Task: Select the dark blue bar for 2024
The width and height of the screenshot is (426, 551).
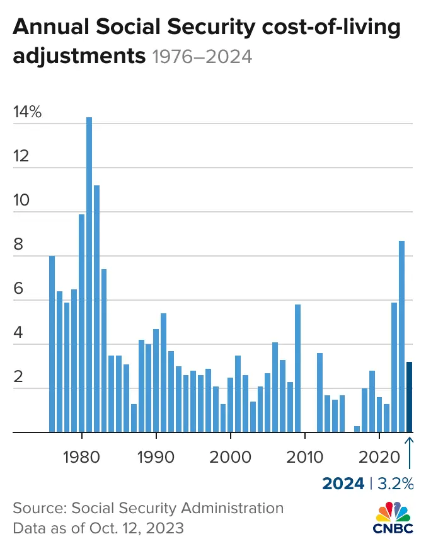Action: pyautogui.click(x=409, y=397)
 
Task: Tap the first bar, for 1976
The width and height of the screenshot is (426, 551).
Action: pyautogui.click(x=52, y=344)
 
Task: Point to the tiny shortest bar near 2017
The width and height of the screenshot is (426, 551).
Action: pyautogui.click(x=357, y=429)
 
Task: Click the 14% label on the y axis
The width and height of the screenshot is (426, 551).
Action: pyautogui.click(x=27, y=113)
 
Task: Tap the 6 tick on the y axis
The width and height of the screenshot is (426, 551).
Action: pyautogui.click(x=19, y=289)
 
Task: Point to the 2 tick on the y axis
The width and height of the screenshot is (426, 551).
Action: pyautogui.click(x=19, y=378)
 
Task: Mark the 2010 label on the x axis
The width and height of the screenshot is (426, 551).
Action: pyautogui.click(x=305, y=456)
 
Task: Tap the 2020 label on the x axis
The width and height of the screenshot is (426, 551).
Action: pyautogui.click(x=379, y=456)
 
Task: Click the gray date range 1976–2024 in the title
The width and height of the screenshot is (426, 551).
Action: pyautogui.click(x=202, y=57)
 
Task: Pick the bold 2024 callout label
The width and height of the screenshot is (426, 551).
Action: pyautogui.click(x=343, y=484)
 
